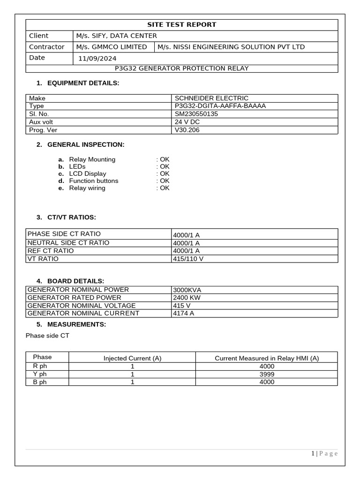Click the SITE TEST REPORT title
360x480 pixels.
182,25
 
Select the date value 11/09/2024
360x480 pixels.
97,59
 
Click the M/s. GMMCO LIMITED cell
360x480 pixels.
112,47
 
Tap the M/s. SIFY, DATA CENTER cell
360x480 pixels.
117,36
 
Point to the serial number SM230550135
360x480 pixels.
196,114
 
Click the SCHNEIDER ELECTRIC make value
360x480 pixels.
211,98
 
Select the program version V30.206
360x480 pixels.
187,130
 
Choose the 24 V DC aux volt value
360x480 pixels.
187,122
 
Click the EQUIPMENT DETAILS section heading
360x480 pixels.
83,83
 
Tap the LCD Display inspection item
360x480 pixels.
88,174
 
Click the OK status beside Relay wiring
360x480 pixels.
164,188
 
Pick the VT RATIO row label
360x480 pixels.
43,259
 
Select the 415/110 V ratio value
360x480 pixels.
188,259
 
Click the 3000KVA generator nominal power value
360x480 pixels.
187,290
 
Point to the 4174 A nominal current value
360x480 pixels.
183,314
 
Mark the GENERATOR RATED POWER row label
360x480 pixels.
75,298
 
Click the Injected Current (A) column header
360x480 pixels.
132,359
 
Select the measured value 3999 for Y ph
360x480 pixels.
266,375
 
